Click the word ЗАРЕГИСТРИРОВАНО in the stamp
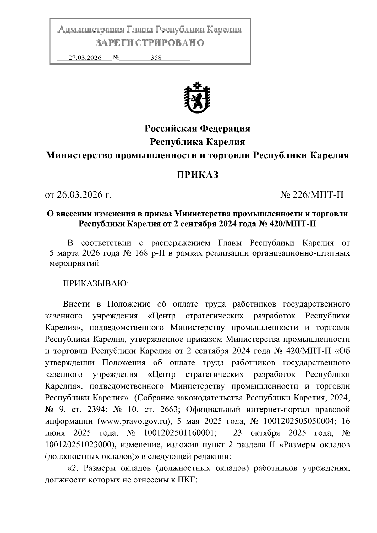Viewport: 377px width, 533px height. [x=150, y=43]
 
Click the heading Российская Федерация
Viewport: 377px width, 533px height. [x=197, y=128]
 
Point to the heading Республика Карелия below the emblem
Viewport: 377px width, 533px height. [x=197, y=142]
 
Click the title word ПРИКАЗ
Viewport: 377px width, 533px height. [x=197, y=175]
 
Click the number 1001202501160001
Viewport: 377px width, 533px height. [x=180, y=433]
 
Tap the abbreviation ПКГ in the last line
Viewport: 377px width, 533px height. [x=187, y=480]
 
